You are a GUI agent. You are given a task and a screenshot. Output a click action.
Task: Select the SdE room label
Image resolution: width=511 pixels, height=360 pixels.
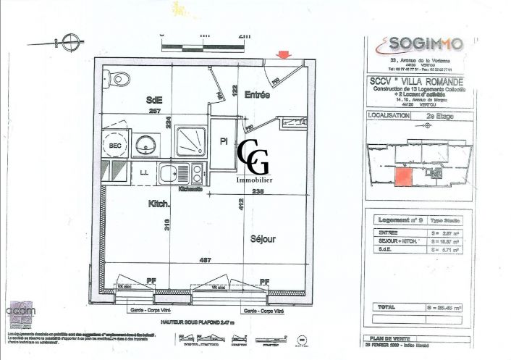[153, 100]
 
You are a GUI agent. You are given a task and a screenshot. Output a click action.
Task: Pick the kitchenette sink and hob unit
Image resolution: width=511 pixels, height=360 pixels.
[182, 174]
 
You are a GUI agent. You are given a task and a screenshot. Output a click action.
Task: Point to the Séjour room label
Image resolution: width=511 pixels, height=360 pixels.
[264, 238]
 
